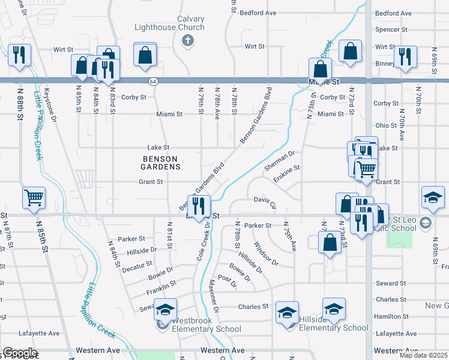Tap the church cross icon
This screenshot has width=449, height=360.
click(x=187, y=41)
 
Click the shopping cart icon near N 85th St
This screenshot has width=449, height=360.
click(x=34, y=197)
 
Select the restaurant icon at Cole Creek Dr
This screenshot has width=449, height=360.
click(x=199, y=206)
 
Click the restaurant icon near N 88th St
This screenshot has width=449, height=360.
click(x=19, y=55)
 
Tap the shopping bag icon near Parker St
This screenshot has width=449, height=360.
click(x=330, y=242)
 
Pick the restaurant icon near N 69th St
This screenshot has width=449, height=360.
click(x=405, y=56)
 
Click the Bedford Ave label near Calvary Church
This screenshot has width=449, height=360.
click(x=258, y=12)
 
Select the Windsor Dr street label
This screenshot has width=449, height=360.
click(x=265, y=254)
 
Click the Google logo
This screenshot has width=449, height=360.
click(x=19, y=353)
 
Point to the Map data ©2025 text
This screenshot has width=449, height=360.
click(x=424, y=355)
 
